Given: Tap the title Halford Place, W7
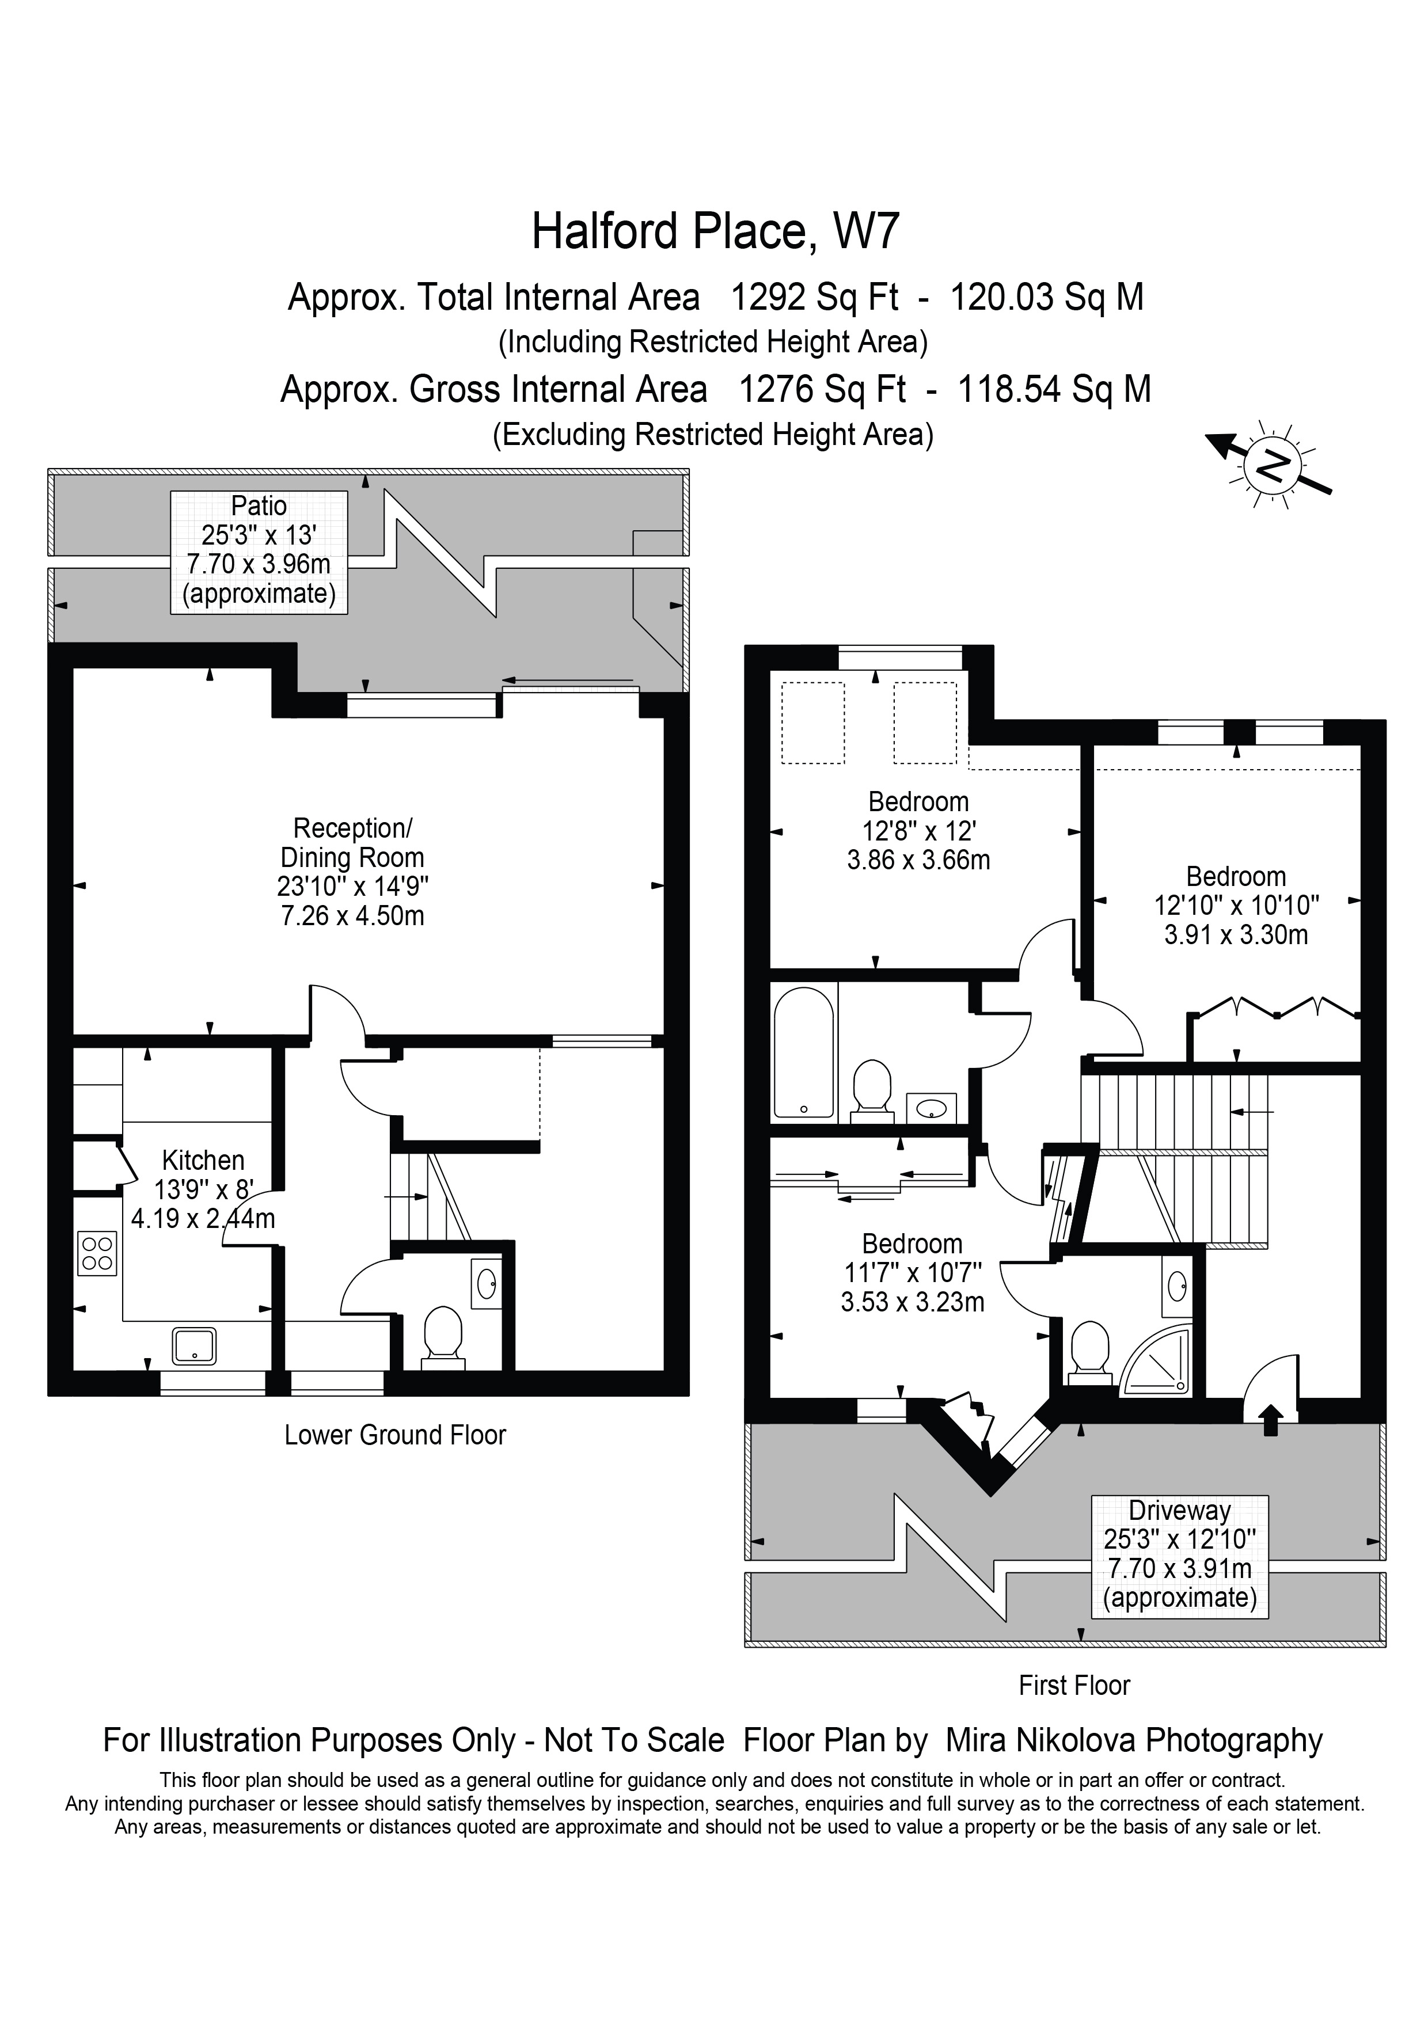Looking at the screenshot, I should click(715, 231).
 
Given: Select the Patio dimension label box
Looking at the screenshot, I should click(259, 552).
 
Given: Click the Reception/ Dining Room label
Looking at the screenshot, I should click(352, 870).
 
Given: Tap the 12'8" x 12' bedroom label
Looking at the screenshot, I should click(918, 830).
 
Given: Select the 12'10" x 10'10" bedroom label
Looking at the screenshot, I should click(1236, 905).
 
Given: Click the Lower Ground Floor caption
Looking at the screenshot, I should click(395, 1435).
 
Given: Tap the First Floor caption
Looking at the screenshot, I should click(1074, 1686).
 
